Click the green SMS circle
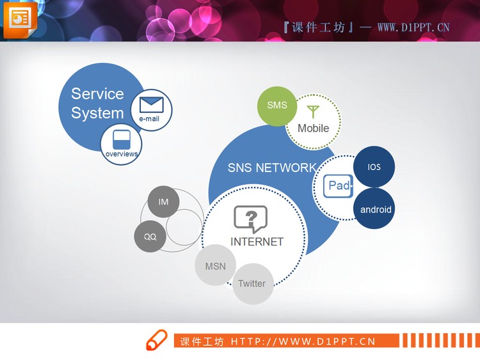pos(277,106)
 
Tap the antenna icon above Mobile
pos(312,112)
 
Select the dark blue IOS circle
pos(374,167)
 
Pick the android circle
pos(375,209)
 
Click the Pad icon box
pos(338,185)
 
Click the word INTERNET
pos(257,242)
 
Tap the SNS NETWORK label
pos(271,168)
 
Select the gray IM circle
pos(163,202)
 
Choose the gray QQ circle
pos(150,237)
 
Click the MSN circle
pos(215,266)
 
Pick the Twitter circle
pos(252,283)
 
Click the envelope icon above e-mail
pos(152,104)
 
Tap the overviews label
pos(122,154)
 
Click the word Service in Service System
pos(97,94)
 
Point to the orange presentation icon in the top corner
pos(20,19)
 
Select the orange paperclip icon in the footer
pos(156,340)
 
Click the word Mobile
pos(313,128)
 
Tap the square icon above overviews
pos(122,139)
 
